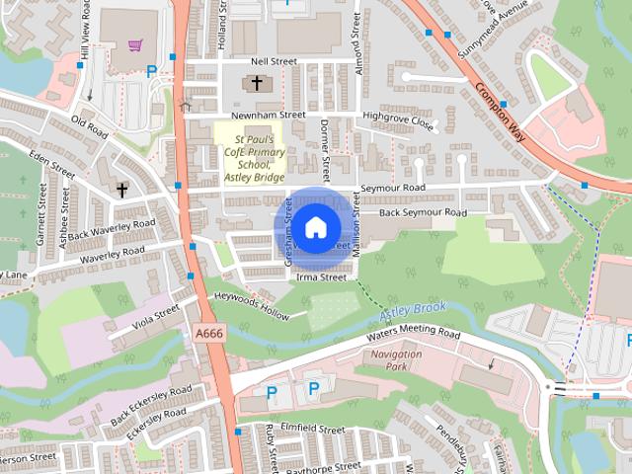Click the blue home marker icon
tap(315, 228)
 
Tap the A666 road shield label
tap(209, 335)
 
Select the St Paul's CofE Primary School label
tap(250, 153)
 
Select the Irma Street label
tap(321, 278)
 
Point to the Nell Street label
tap(274, 61)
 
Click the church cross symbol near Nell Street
tap(258, 84)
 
